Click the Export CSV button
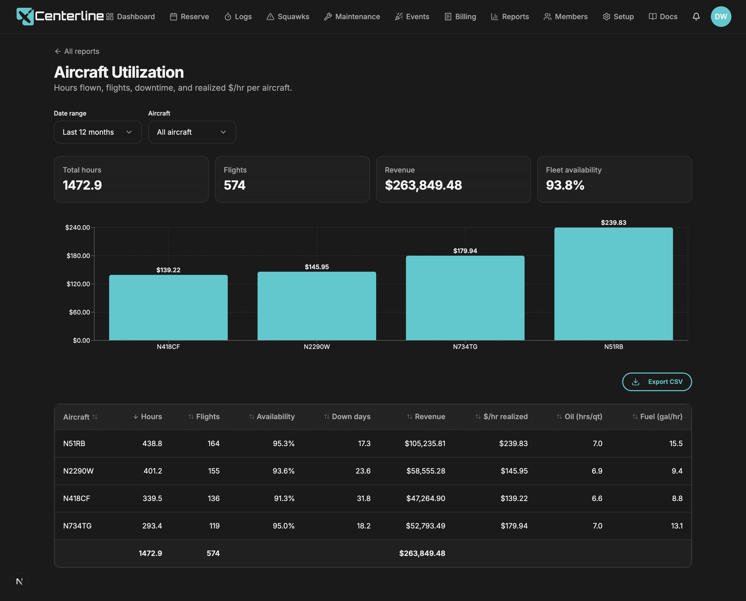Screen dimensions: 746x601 657,382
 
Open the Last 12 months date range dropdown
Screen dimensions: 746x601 98,132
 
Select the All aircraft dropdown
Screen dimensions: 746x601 192,132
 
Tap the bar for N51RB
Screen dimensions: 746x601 613,284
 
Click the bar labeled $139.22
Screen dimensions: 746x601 168,307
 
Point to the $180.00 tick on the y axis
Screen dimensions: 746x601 78,255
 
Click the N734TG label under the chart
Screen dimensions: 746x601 465,347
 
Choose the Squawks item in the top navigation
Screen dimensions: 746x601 288,17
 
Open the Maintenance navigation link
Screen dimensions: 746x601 352,17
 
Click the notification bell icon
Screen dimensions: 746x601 696,17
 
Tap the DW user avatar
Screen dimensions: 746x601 721,17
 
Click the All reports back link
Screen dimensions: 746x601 77,51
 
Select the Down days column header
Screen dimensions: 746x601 347,417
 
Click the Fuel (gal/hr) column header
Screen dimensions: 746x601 657,417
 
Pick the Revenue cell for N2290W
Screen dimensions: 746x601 425,471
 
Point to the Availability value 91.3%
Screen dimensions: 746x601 284,498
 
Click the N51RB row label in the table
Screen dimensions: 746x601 74,443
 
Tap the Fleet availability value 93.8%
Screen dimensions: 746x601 565,185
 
